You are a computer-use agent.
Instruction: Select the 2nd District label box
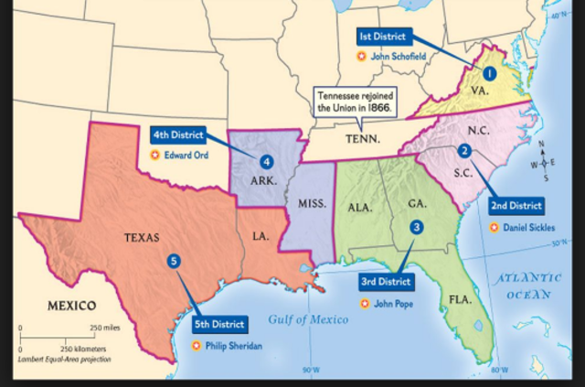click(x=517, y=206)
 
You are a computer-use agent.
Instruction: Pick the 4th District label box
click(x=176, y=134)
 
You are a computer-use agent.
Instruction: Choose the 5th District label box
click(x=218, y=324)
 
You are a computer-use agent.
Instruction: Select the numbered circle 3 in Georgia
click(x=417, y=227)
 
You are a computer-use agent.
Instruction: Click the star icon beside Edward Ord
click(x=154, y=156)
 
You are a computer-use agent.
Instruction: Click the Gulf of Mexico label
click(x=308, y=319)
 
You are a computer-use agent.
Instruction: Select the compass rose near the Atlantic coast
click(x=546, y=162)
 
